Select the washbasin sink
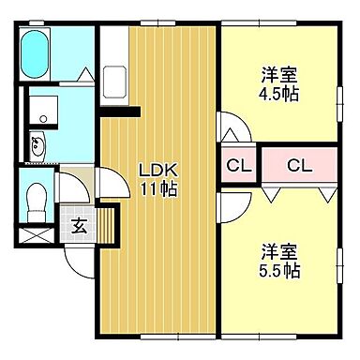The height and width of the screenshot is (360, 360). point(39,145)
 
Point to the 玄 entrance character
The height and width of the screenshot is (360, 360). point(80,225)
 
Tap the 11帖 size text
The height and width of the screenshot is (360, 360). point(158,187)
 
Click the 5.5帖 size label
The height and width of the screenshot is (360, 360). point(279,271)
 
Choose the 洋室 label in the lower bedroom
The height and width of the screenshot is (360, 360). point(279,252)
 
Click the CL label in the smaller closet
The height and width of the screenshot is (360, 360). point(236,167)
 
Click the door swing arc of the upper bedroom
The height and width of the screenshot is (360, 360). point(229,127)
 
